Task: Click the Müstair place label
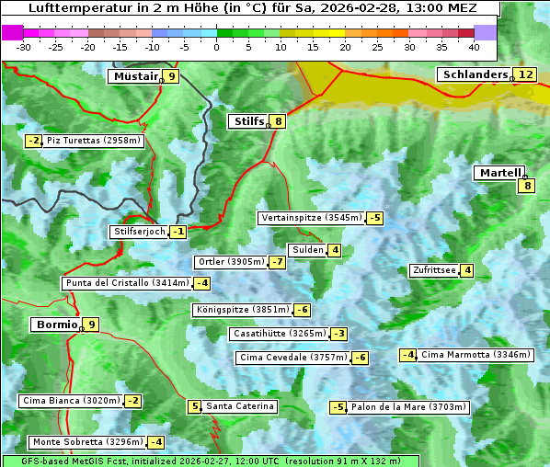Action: click(x=134, y=76)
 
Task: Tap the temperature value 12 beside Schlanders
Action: click(x=525, y=74)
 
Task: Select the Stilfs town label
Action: click(x=248, y=121)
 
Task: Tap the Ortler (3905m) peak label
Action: click(x=230, y=262)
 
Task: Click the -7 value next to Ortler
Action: click(x=278, y=262)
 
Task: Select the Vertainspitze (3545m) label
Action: click(x=311, y=218)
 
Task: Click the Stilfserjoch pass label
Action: click(x=139, y=232)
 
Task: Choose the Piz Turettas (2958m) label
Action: click(x=95, y=141)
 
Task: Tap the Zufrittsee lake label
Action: click(x=434, y=270)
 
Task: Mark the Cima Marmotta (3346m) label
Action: click(x=475, y=355)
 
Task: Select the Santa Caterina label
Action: click(x=239, y=406)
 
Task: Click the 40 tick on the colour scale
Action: click(x=474, y=46)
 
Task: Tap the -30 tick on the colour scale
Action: click(x=25, y=46)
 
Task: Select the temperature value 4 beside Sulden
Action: click(x=335, y=250)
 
